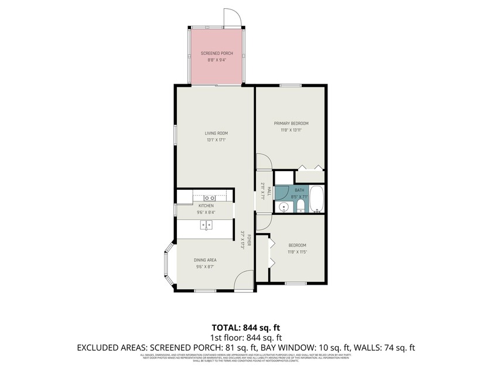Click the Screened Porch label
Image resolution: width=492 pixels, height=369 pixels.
pyautogui.click(x=217, y=53)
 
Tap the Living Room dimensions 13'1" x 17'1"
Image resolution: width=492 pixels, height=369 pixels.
pyautogui.click(x=216, y=140)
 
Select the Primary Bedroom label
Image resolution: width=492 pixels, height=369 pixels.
pyautogui.click(x=291, y=124)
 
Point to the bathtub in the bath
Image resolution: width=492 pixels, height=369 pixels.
pyautogui.click(x=316, y=199)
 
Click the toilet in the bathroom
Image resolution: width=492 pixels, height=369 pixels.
pyautogui.click(x=300, y=206)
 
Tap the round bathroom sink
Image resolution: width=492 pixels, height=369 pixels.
pyautogui.click(x=283, y=206)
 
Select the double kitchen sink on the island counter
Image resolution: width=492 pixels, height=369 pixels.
pyautogui.click(x=206, y=225)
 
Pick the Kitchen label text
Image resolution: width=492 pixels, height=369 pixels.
pyautogui.click(x=206, y=206)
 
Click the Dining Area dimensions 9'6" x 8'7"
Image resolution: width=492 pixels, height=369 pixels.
pyautogui.click(x=206, y=267)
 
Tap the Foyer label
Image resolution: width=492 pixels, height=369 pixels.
pyautogui.click(x=249, y=240)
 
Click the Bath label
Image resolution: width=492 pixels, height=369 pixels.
pyautogui.click(x=299, y=190)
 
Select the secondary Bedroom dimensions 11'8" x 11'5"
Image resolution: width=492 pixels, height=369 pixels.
pyautogui.click(x=297, y=252)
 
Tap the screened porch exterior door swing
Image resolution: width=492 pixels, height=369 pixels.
pyautogui.click(x=232, y=17)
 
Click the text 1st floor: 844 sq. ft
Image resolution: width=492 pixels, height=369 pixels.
pyautogui.click(x=245, y=337)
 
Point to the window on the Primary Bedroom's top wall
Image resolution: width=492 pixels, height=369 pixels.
pyautogui.click(x=290, y=86)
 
